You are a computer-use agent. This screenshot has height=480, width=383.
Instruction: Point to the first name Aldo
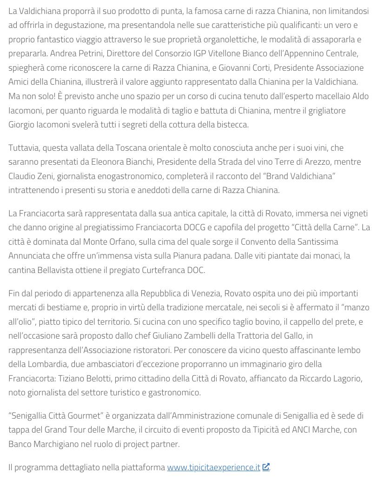point(360,96)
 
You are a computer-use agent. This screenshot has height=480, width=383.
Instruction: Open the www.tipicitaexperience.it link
point(213,467)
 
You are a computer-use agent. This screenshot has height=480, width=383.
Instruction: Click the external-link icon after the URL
point(266,467)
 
